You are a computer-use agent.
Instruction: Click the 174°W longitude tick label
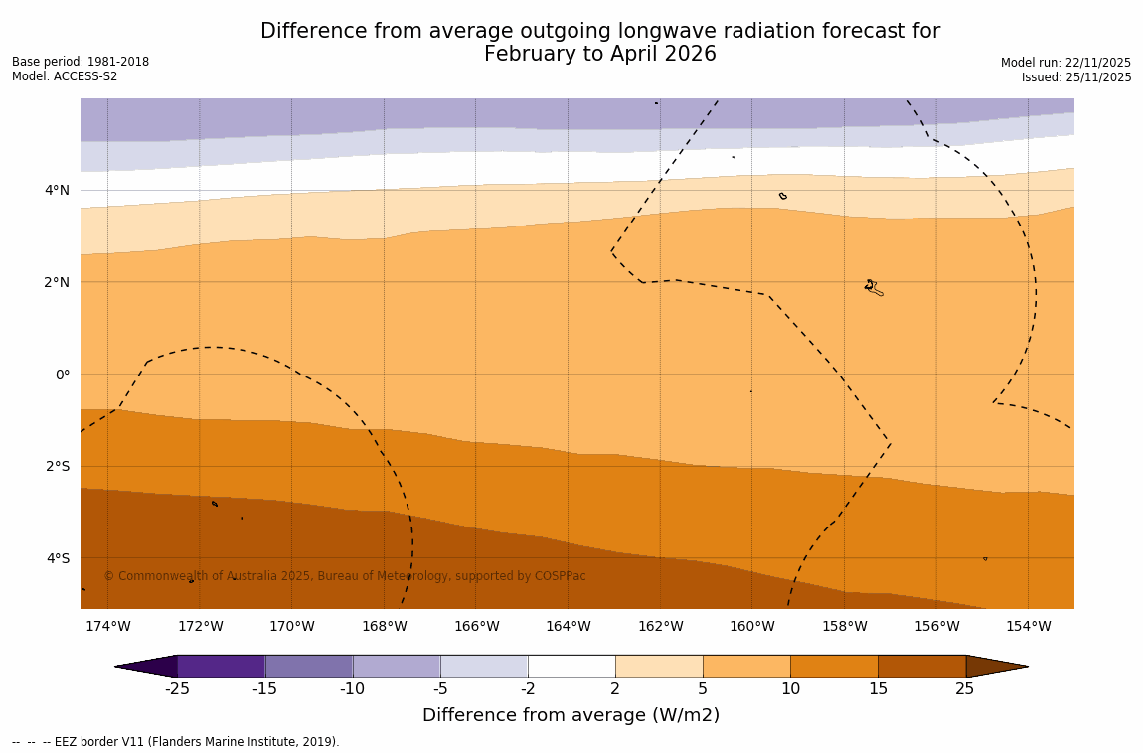pos(107,626)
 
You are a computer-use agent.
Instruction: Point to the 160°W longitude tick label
pos(751,626)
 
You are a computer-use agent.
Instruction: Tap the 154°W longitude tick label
pos(1028,626)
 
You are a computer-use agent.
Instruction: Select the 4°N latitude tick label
pos(58,190)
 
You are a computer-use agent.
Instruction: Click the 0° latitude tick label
pos(63,375)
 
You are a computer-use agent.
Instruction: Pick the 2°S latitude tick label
pos(58,466)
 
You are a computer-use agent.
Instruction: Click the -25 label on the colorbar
pos(177,689)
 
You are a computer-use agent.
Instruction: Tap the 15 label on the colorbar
pos(878,689)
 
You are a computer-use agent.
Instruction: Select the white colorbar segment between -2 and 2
pos(571,666)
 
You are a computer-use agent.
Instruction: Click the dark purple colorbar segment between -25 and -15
pos(221,666)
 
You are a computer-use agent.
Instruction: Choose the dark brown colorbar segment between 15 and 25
pos(921,666)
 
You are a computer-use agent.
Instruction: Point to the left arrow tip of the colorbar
pos(117,666)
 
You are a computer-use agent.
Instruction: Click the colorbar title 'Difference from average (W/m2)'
pos(571,715)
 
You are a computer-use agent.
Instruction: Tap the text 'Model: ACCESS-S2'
pos(65,76)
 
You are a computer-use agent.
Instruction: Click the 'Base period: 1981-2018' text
pos(81,62)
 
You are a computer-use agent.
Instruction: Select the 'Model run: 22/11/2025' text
pos(1065,63)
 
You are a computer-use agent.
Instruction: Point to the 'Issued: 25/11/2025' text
pos(1076,77)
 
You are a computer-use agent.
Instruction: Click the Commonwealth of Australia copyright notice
pos(345,576)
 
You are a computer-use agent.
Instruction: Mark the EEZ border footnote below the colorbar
pos(176,742)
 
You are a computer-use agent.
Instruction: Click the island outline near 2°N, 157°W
pos(873,288)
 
